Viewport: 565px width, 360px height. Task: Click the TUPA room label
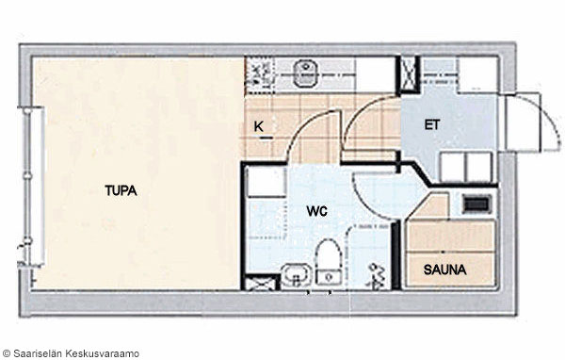(121, 190)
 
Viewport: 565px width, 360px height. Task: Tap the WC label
(316, 211)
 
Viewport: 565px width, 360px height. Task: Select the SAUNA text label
(444, 270)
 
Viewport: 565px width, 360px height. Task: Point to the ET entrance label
(431, 124)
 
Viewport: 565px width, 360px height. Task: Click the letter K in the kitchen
(258, 126)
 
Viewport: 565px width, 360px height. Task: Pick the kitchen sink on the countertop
(305, 74)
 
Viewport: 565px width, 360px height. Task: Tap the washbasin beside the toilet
(297, 275)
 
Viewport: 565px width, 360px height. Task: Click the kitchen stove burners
(260, 74)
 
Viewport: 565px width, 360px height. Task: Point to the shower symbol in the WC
(376, 276)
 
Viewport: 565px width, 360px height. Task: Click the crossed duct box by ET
(409, 74)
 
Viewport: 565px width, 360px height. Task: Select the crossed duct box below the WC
(261, 283)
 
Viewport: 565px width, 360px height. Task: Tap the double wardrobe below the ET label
(466, 167)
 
